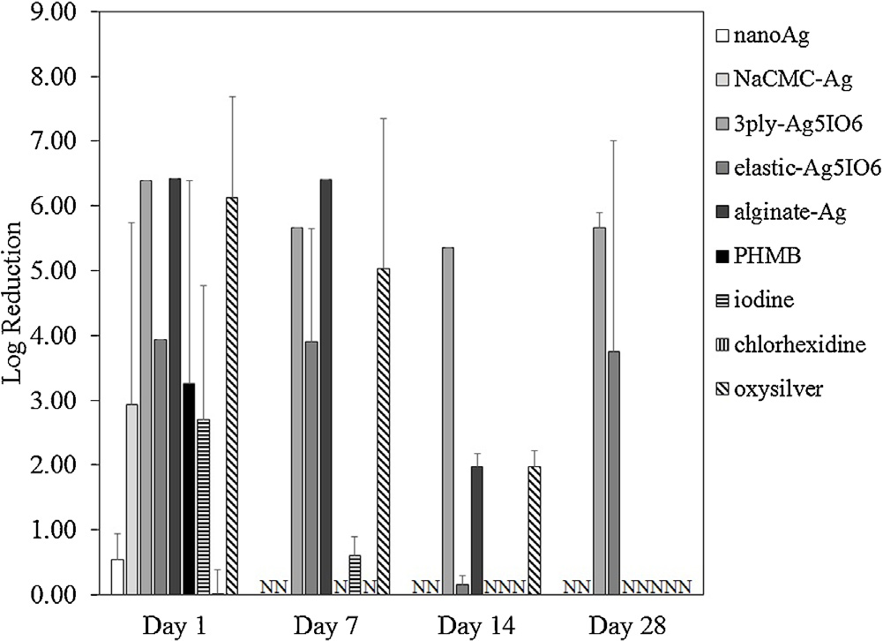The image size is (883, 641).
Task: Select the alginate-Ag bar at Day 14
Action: [x=476, y=530]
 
